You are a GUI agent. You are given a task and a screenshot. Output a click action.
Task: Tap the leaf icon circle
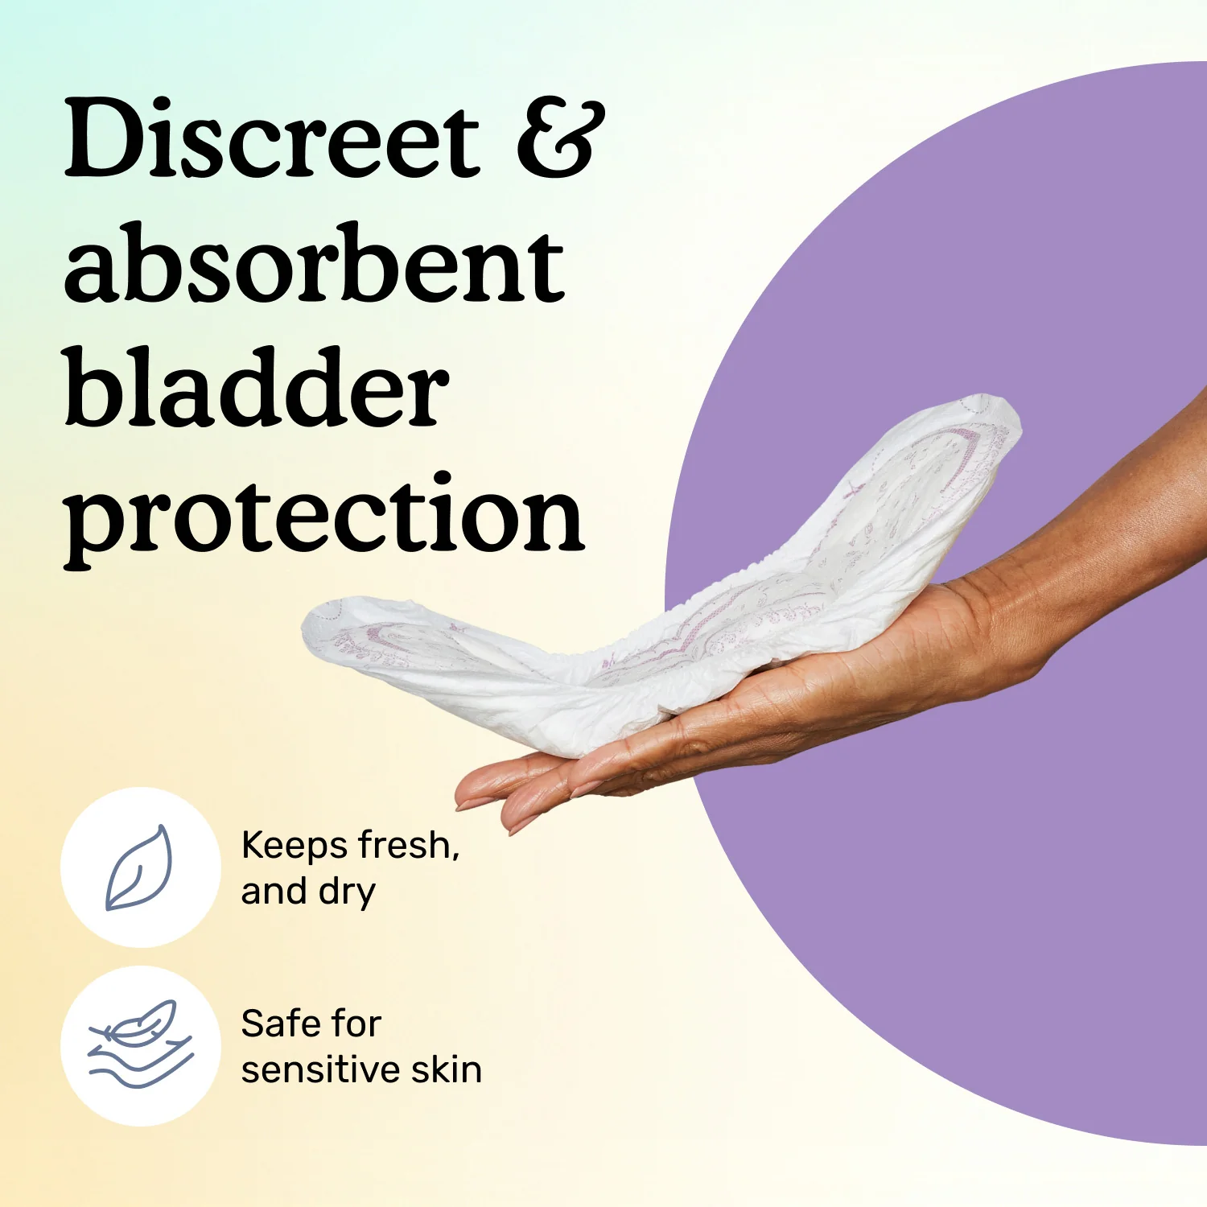[140, 867]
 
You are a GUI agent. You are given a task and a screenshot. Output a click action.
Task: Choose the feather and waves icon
[140, 1045]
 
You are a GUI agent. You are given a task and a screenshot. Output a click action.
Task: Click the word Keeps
[295, 845]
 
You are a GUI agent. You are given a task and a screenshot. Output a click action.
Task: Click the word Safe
[277, 1024]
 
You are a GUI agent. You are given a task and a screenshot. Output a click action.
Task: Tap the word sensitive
[321, 1070]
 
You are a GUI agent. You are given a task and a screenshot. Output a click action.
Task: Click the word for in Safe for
[355, 1024]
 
